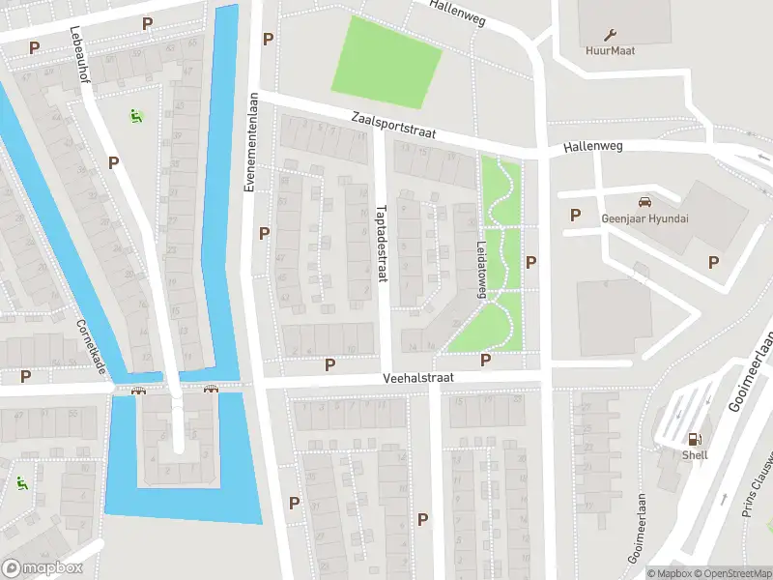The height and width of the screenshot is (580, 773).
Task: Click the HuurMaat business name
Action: pyautogui.click(x=610, y=50)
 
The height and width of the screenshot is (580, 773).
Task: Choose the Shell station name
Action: pyautogui.click(x=695, y=455)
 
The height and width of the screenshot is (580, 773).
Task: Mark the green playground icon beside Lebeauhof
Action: pyautogui.click(x=135, y=116)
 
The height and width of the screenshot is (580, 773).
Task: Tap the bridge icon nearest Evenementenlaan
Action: pyautogui.click(x=211, y=390)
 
